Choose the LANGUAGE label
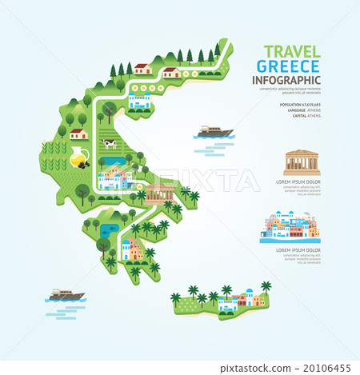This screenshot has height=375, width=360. coord(291,110)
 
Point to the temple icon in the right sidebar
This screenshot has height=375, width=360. coord(301,163)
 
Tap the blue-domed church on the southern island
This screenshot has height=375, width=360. coord(252,298)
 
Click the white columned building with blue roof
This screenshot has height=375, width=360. coord(138,100)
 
